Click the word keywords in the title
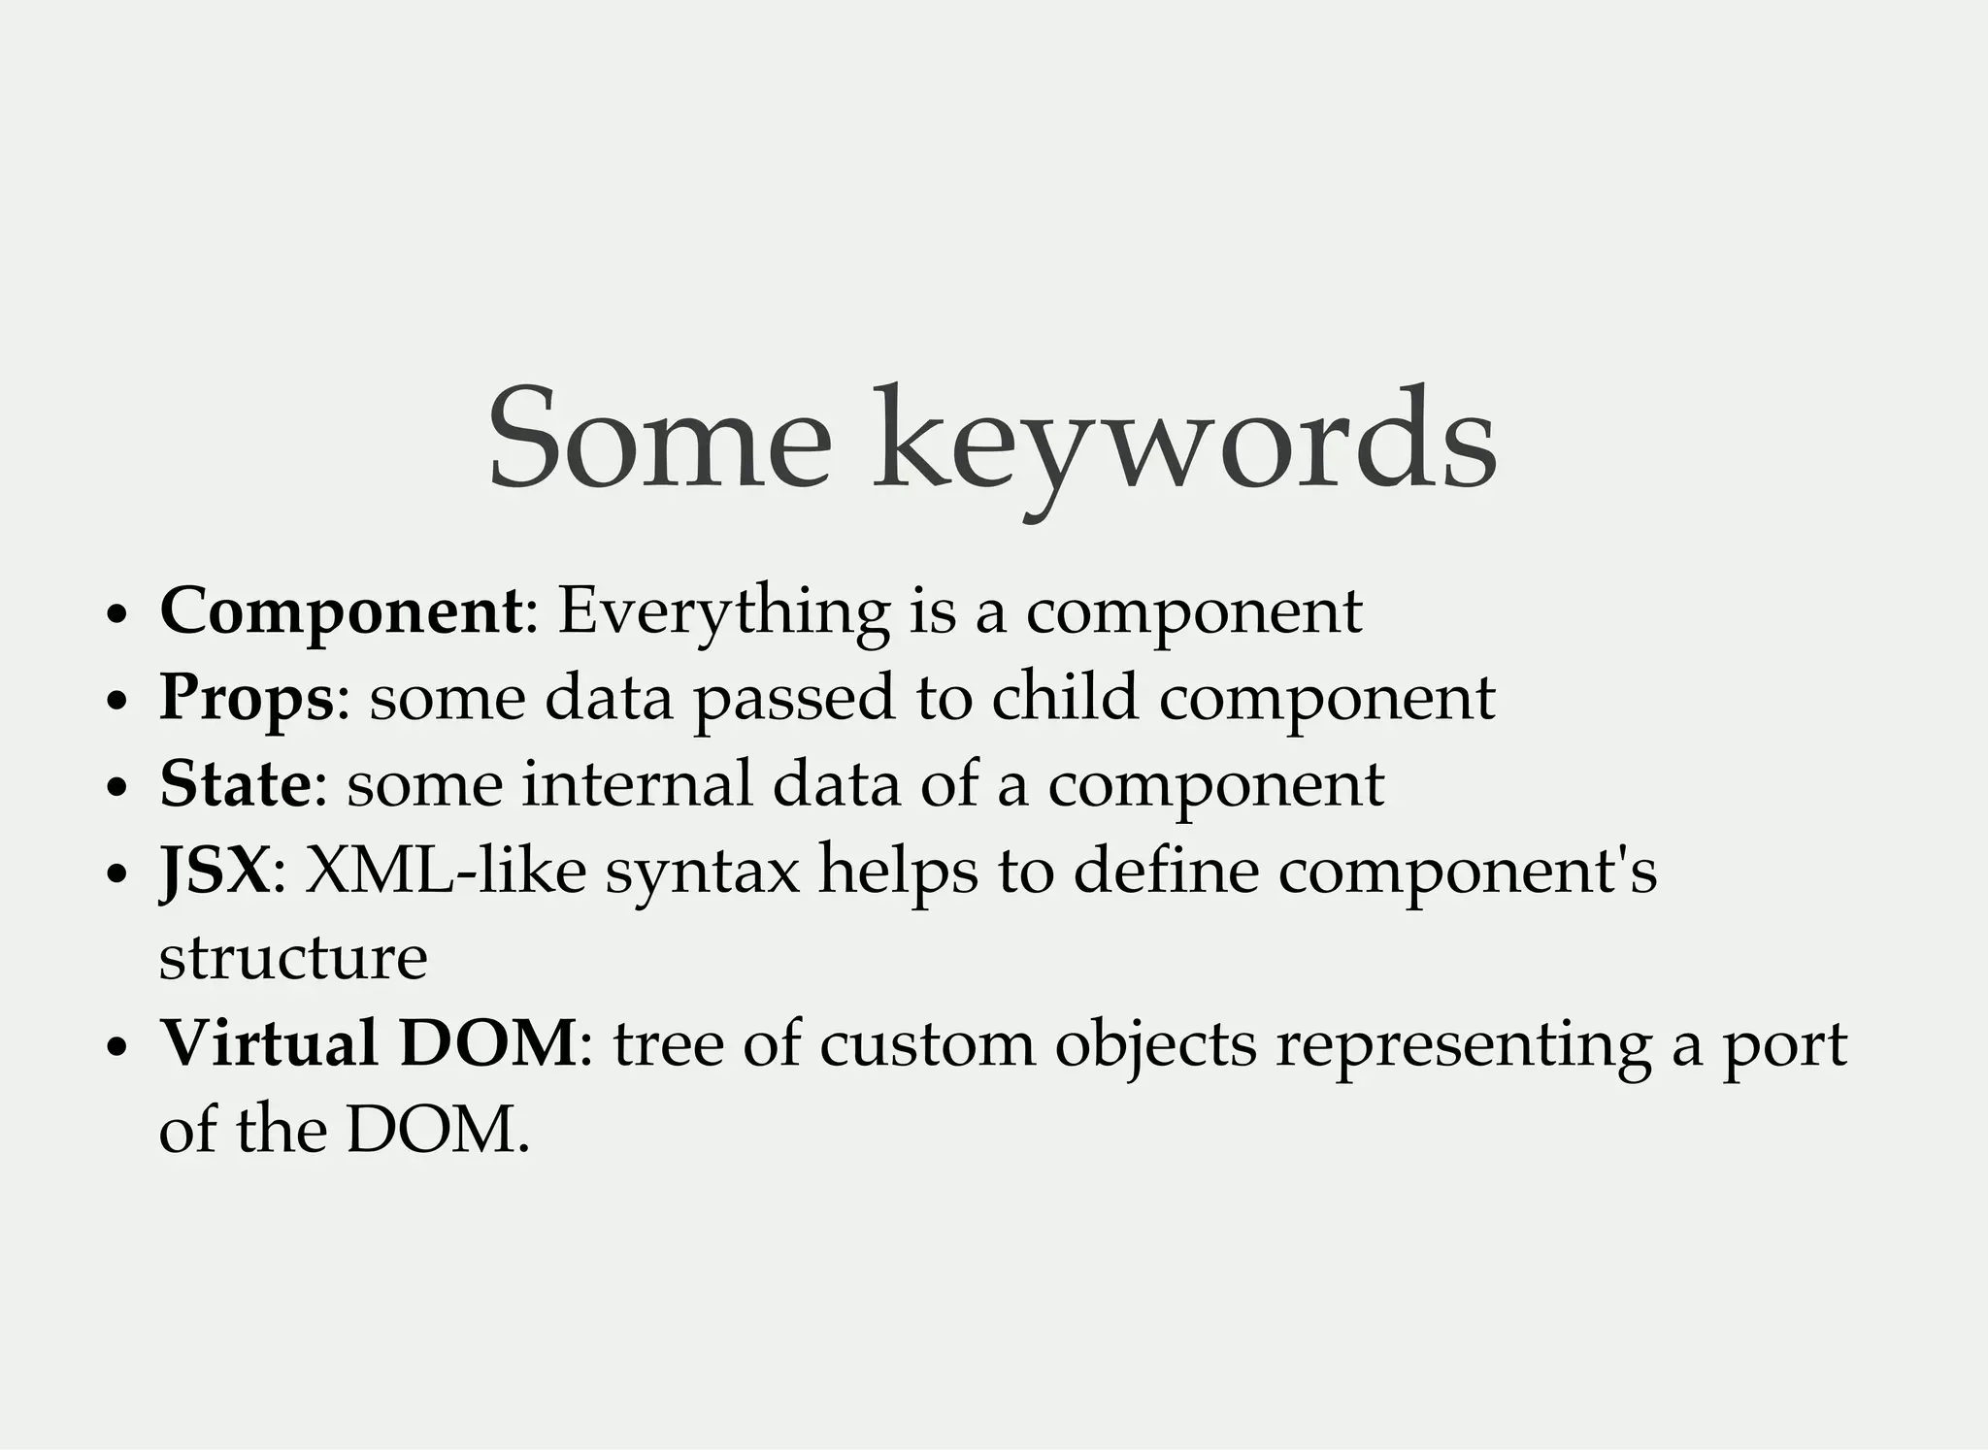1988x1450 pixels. (x=1184, y=442)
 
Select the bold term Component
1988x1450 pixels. (x=341, y=611)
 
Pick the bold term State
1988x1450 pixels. (x=235, y=784)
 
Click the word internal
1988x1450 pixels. (x=637, y=784)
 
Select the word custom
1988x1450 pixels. (x=927, y=1044)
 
